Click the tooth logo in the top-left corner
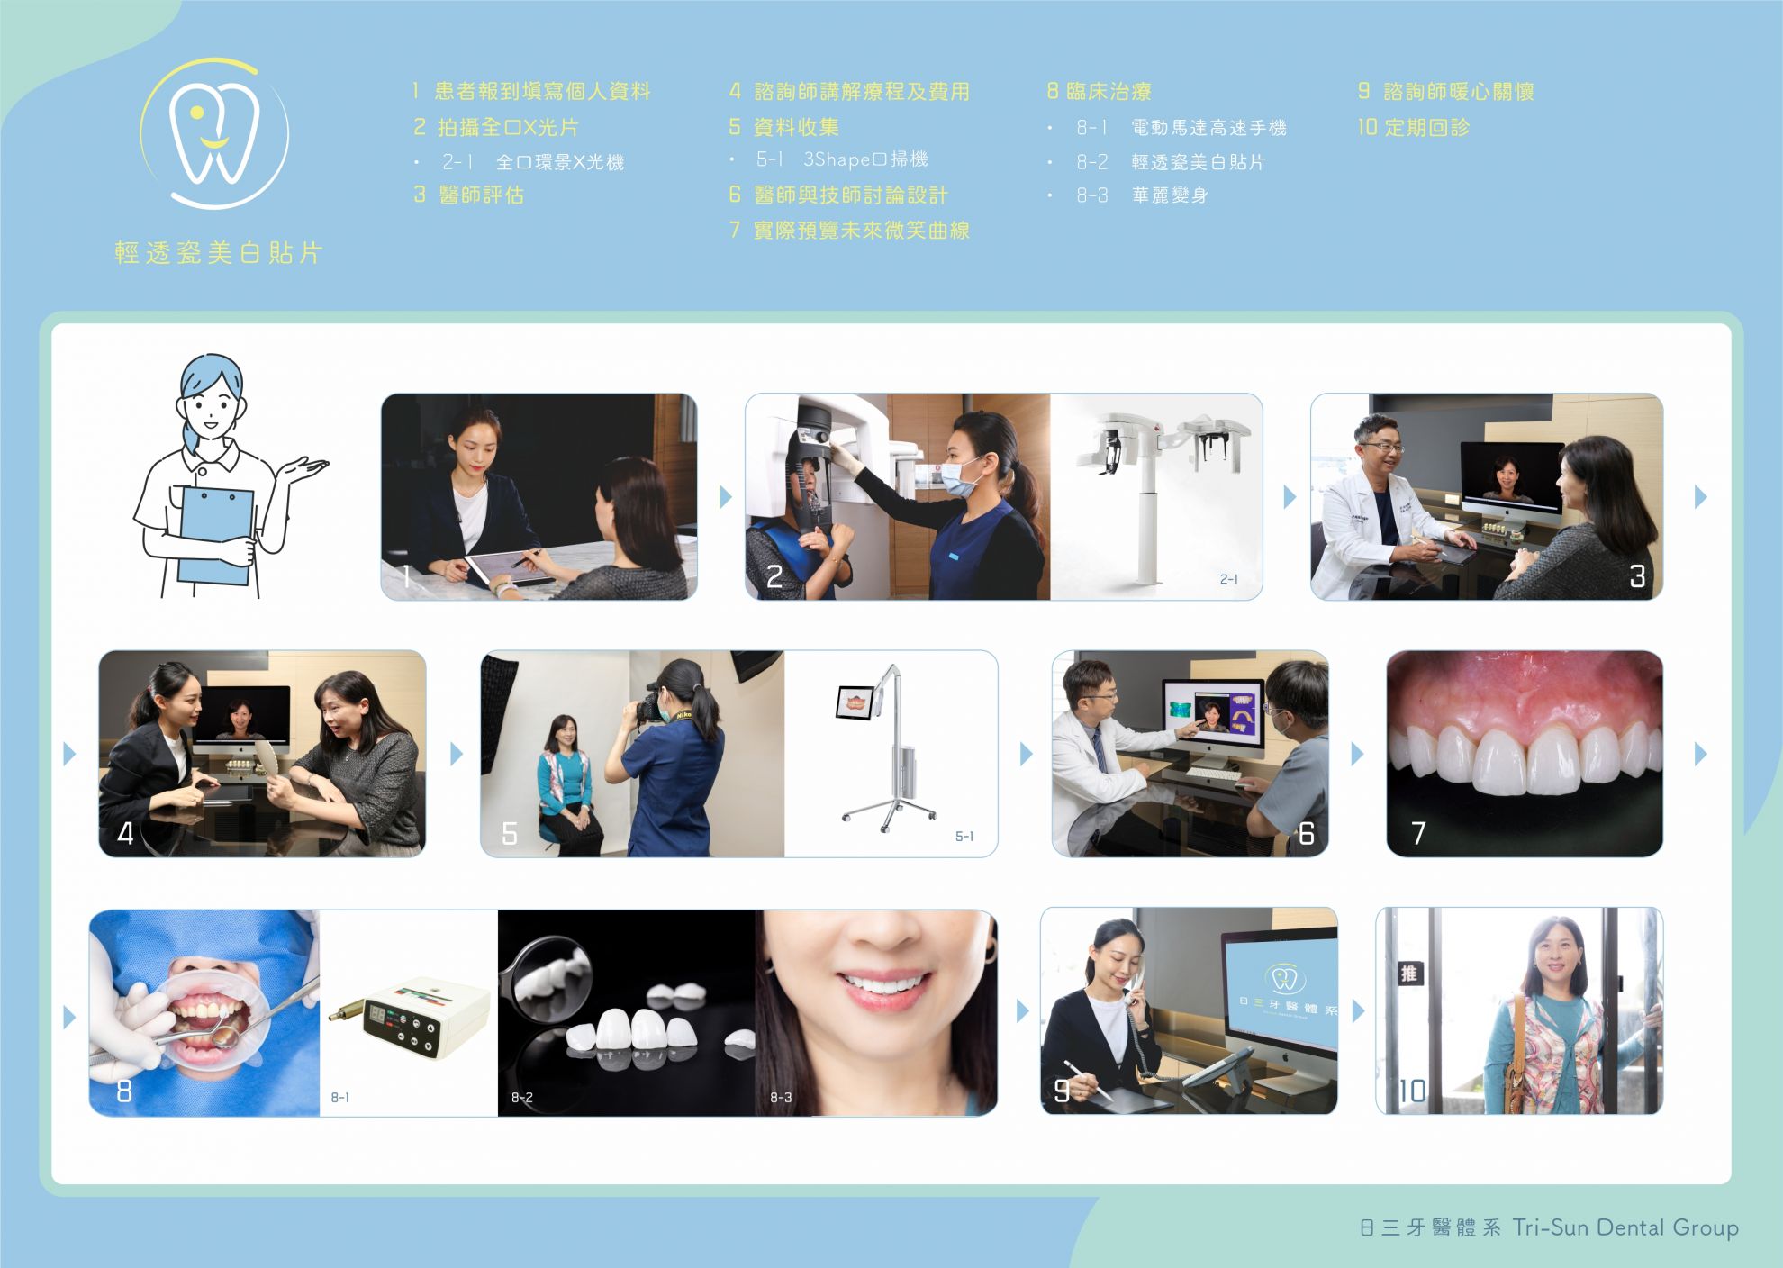click(x=214, y=133)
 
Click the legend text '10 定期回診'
click(x=1414, y=128)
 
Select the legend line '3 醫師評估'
click(x=468, y=195)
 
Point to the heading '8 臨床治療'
click(x=1099, y=91)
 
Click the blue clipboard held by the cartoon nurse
click(x=215, y=536)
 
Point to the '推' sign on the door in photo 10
click(x=1409, y=973)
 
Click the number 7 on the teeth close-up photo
click(x=1418, y=833)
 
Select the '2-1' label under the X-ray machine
click(x=1228, y=579)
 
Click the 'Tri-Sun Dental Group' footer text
click(x=1625, y=1227)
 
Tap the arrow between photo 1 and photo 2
click(x=725, y=496)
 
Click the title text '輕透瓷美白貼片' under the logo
click(x=219, y=253)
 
